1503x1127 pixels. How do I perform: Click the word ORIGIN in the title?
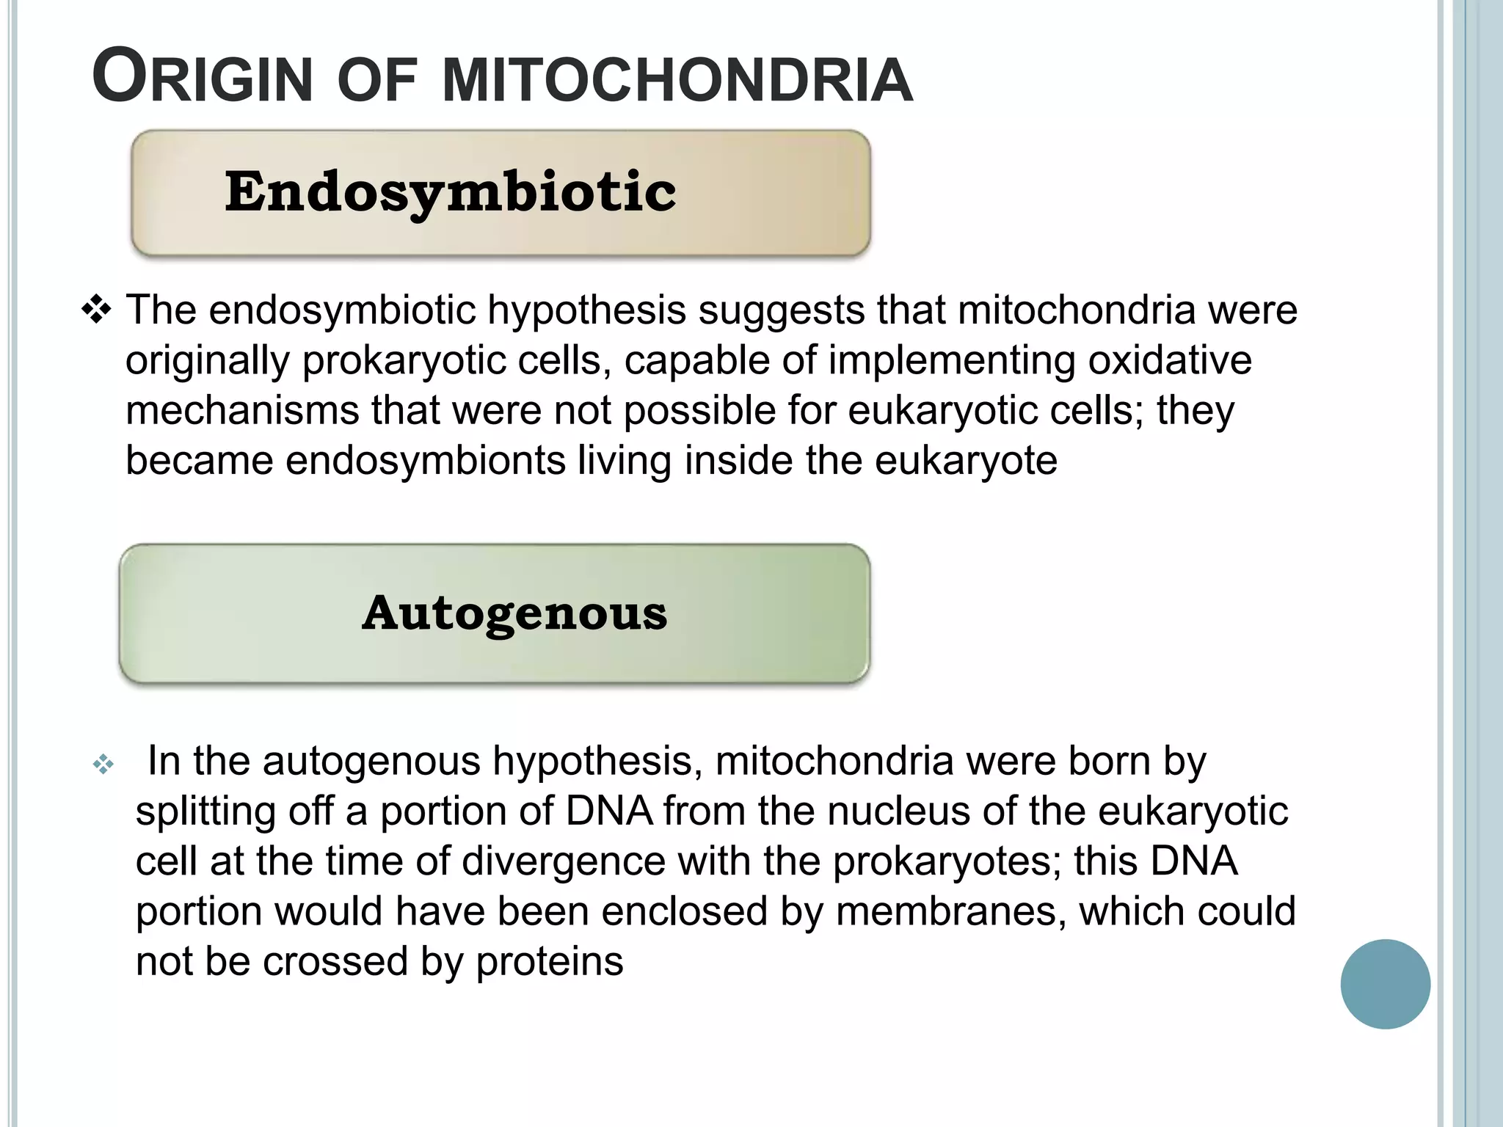[203, 78]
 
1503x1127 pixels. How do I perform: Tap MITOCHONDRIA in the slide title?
[677, 79]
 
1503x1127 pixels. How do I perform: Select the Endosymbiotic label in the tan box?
[450, 192]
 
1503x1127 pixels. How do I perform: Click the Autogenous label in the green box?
[514, 613]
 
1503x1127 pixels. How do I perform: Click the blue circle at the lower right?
[1385, 984]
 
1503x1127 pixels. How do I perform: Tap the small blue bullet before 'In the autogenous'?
[103, 765]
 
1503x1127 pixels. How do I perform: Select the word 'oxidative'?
[1170, 360]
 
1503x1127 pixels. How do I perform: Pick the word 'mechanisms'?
[242, 410]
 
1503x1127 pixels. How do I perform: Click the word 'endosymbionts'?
[426, 461]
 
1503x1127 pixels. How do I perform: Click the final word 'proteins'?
[550, 962]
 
